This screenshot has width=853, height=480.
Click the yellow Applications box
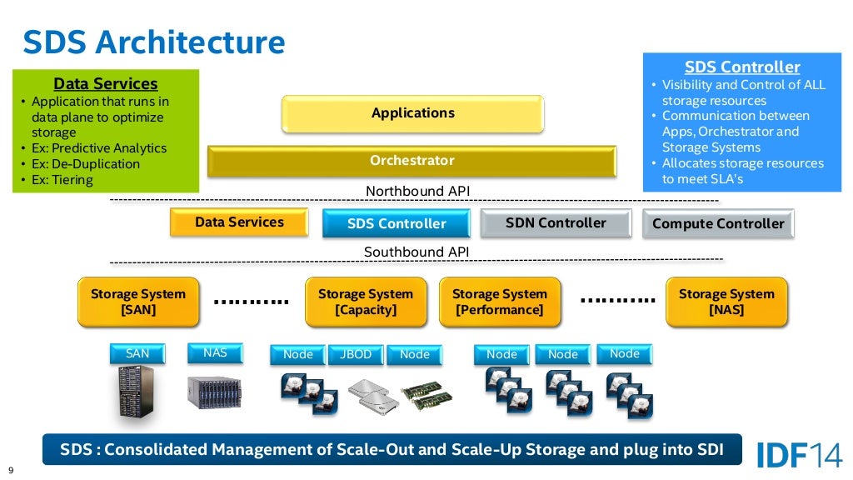point(412,113)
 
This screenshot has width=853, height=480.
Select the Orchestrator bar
point(412,160)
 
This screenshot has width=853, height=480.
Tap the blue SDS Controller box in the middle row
point(396,223)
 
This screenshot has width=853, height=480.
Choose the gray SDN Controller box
point(556,222)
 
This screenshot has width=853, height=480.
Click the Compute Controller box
point(718,223)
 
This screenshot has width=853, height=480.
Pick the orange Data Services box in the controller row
point(239,222)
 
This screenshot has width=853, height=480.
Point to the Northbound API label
point(417,192)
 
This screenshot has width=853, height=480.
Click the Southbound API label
point(417,252)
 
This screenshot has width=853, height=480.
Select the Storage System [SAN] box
point(138,302)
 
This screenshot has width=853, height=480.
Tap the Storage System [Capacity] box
point(366,302)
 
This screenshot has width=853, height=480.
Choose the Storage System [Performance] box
point(499,302)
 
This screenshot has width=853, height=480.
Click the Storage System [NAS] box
point(726,302)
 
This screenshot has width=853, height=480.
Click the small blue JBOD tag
point(356,354)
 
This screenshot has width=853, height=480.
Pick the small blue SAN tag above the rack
point(137,353)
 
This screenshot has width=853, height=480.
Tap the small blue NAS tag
point(215,352)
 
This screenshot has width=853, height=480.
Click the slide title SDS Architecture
point(153,42)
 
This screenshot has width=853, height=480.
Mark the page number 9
point(11,469)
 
